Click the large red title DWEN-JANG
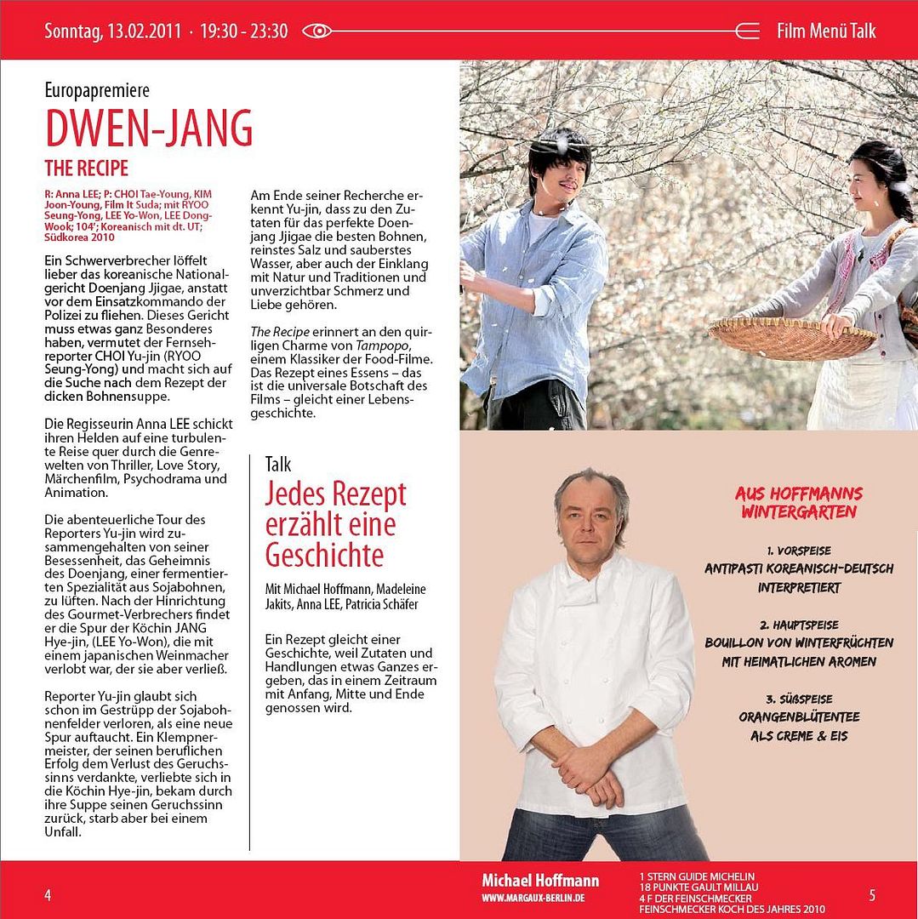(149, 128)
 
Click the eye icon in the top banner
(316, 31)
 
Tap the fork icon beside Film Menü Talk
(747, 31)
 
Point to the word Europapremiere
(97, 90)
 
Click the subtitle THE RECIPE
(86, 167)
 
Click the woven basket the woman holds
(791, 337)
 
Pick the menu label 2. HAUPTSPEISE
(798, 624)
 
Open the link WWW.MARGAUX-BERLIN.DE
(533, 899)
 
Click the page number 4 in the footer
(48, 894)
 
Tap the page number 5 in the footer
(872, 894)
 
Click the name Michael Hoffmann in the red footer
(540, 881)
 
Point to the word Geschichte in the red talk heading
(324, 555)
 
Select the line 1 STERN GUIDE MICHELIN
(697, 876)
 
